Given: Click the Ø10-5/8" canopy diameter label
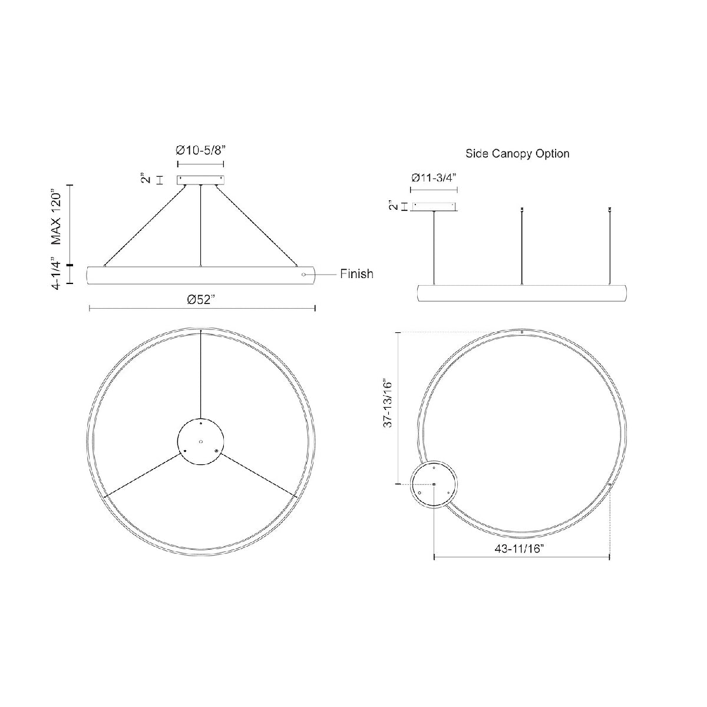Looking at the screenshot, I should [200, 151].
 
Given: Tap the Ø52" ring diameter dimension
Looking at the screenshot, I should [201, 299].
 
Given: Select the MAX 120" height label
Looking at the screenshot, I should [57, 217].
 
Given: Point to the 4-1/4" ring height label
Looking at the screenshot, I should [57, 273].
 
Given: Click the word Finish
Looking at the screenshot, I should [356, 274].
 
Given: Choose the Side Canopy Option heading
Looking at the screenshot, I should [517, 154].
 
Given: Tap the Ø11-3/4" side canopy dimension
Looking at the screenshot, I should [434, 177].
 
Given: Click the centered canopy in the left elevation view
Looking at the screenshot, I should [201, 179].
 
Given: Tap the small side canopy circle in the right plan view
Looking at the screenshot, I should [434, 484].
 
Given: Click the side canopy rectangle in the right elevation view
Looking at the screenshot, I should [435, 206].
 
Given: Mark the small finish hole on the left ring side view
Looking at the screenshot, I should [303, 274].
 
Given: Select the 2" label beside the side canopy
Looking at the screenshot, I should [392, 206].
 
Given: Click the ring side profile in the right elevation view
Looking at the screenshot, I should [522, 293].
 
